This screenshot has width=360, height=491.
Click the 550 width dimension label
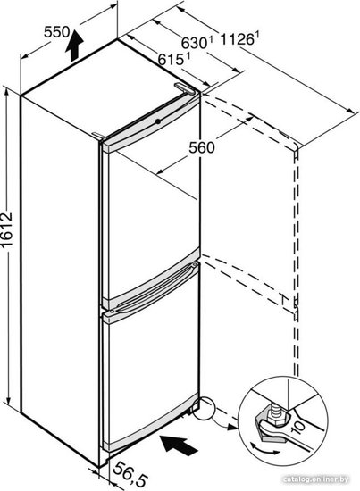[x=56, y=32]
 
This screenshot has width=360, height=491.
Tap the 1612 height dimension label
[x=7, y=230]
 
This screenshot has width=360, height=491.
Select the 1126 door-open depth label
[x=240, y=38]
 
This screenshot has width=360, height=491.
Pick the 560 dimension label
[x=202, y=147]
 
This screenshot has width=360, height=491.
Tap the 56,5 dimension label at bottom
[x=130, y=475]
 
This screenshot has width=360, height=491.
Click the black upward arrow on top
[x=74, y=46]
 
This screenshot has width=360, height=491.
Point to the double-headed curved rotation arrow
[x=264, y=448]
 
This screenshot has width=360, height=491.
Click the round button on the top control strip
[x=158, y=121]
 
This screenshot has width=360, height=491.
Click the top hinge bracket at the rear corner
[x=185, y=88]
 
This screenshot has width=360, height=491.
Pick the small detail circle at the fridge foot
[x=203, y=408]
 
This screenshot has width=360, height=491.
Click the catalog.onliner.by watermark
[x=315, y=479]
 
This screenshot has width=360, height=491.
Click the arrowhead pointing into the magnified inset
[x=232, y=427]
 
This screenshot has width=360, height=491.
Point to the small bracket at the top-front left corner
[x=98, y=135]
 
